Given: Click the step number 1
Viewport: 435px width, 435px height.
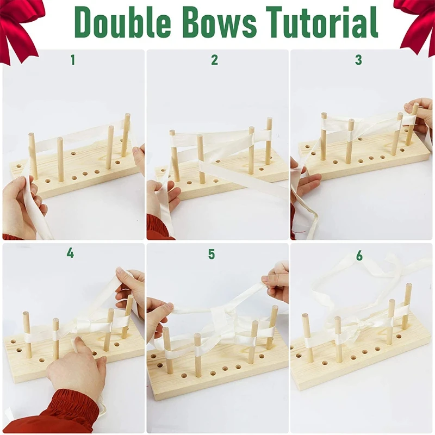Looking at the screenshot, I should tap(72, 60).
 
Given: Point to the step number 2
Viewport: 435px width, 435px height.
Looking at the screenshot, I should tap(214, 60).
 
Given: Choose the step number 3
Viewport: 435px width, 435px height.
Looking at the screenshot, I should tap(358, 60).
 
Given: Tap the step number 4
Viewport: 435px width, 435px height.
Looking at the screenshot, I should tap(71, 253).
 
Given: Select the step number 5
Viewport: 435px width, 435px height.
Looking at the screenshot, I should tap(212, 254).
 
